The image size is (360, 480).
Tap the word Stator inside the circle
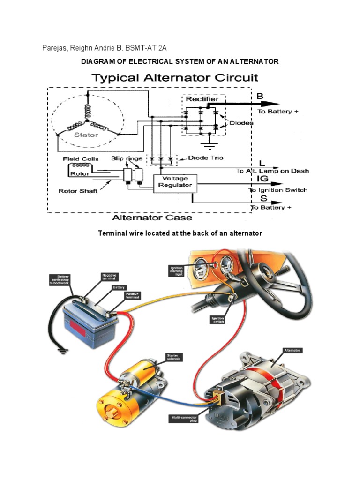point(87,135)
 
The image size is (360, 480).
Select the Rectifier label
point(202,99)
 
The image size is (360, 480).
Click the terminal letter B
point(260,96)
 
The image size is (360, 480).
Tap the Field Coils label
point(81,159)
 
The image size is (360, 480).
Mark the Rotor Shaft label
point(78,191)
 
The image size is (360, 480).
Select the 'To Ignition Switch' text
point(278,190)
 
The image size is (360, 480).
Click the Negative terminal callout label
point(110,277)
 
